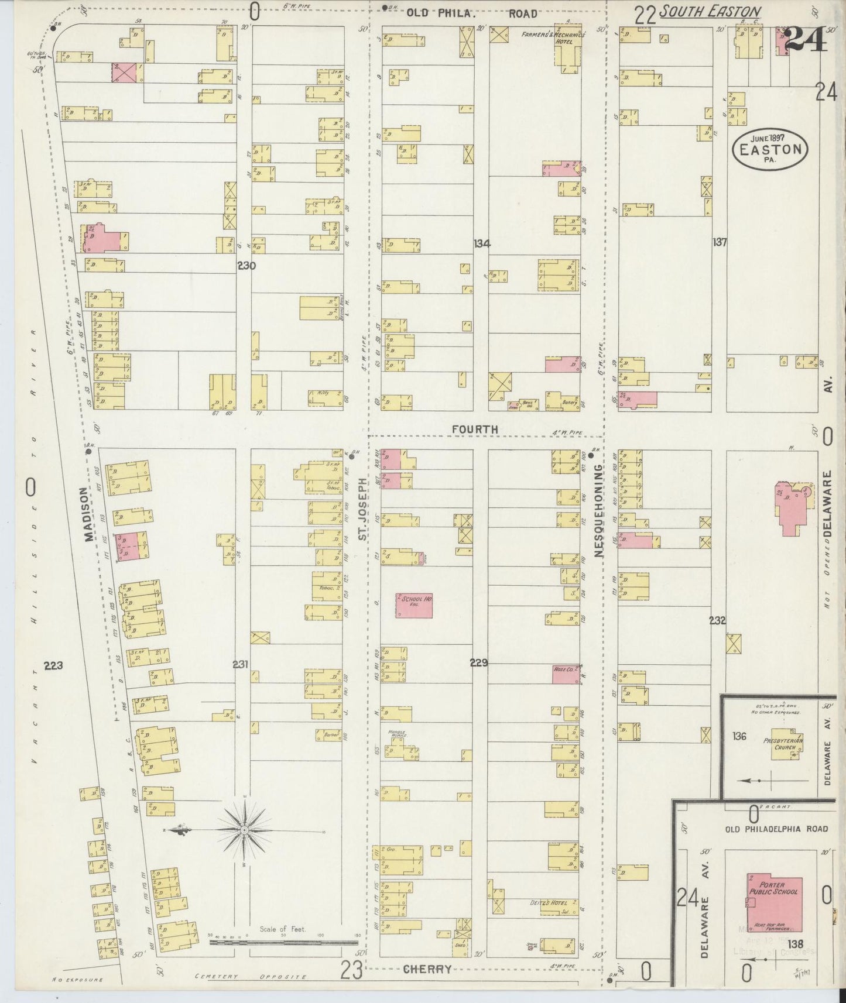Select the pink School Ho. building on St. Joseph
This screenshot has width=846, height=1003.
(x=415, y=606)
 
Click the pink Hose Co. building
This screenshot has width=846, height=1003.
(x=566, y=674)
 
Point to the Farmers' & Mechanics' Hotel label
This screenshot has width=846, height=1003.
(x=553, y=35)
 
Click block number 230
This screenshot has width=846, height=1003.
(x=246, y=265)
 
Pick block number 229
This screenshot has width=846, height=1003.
(x=478, y=662)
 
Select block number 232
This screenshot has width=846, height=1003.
(x=718, y=620)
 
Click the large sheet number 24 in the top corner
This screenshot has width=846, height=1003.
(x=805, y=40)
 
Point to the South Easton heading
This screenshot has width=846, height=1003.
(x=710, y=12)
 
